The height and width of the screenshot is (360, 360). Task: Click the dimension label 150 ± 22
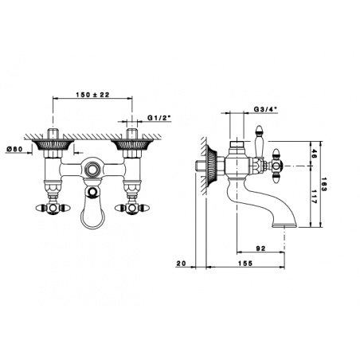(x=92, y=95)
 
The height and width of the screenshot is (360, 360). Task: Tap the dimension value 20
(x=181, y=263)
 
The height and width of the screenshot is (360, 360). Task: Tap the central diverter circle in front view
(x=92, y=170)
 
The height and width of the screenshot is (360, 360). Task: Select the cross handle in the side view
(x=276, y=166)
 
